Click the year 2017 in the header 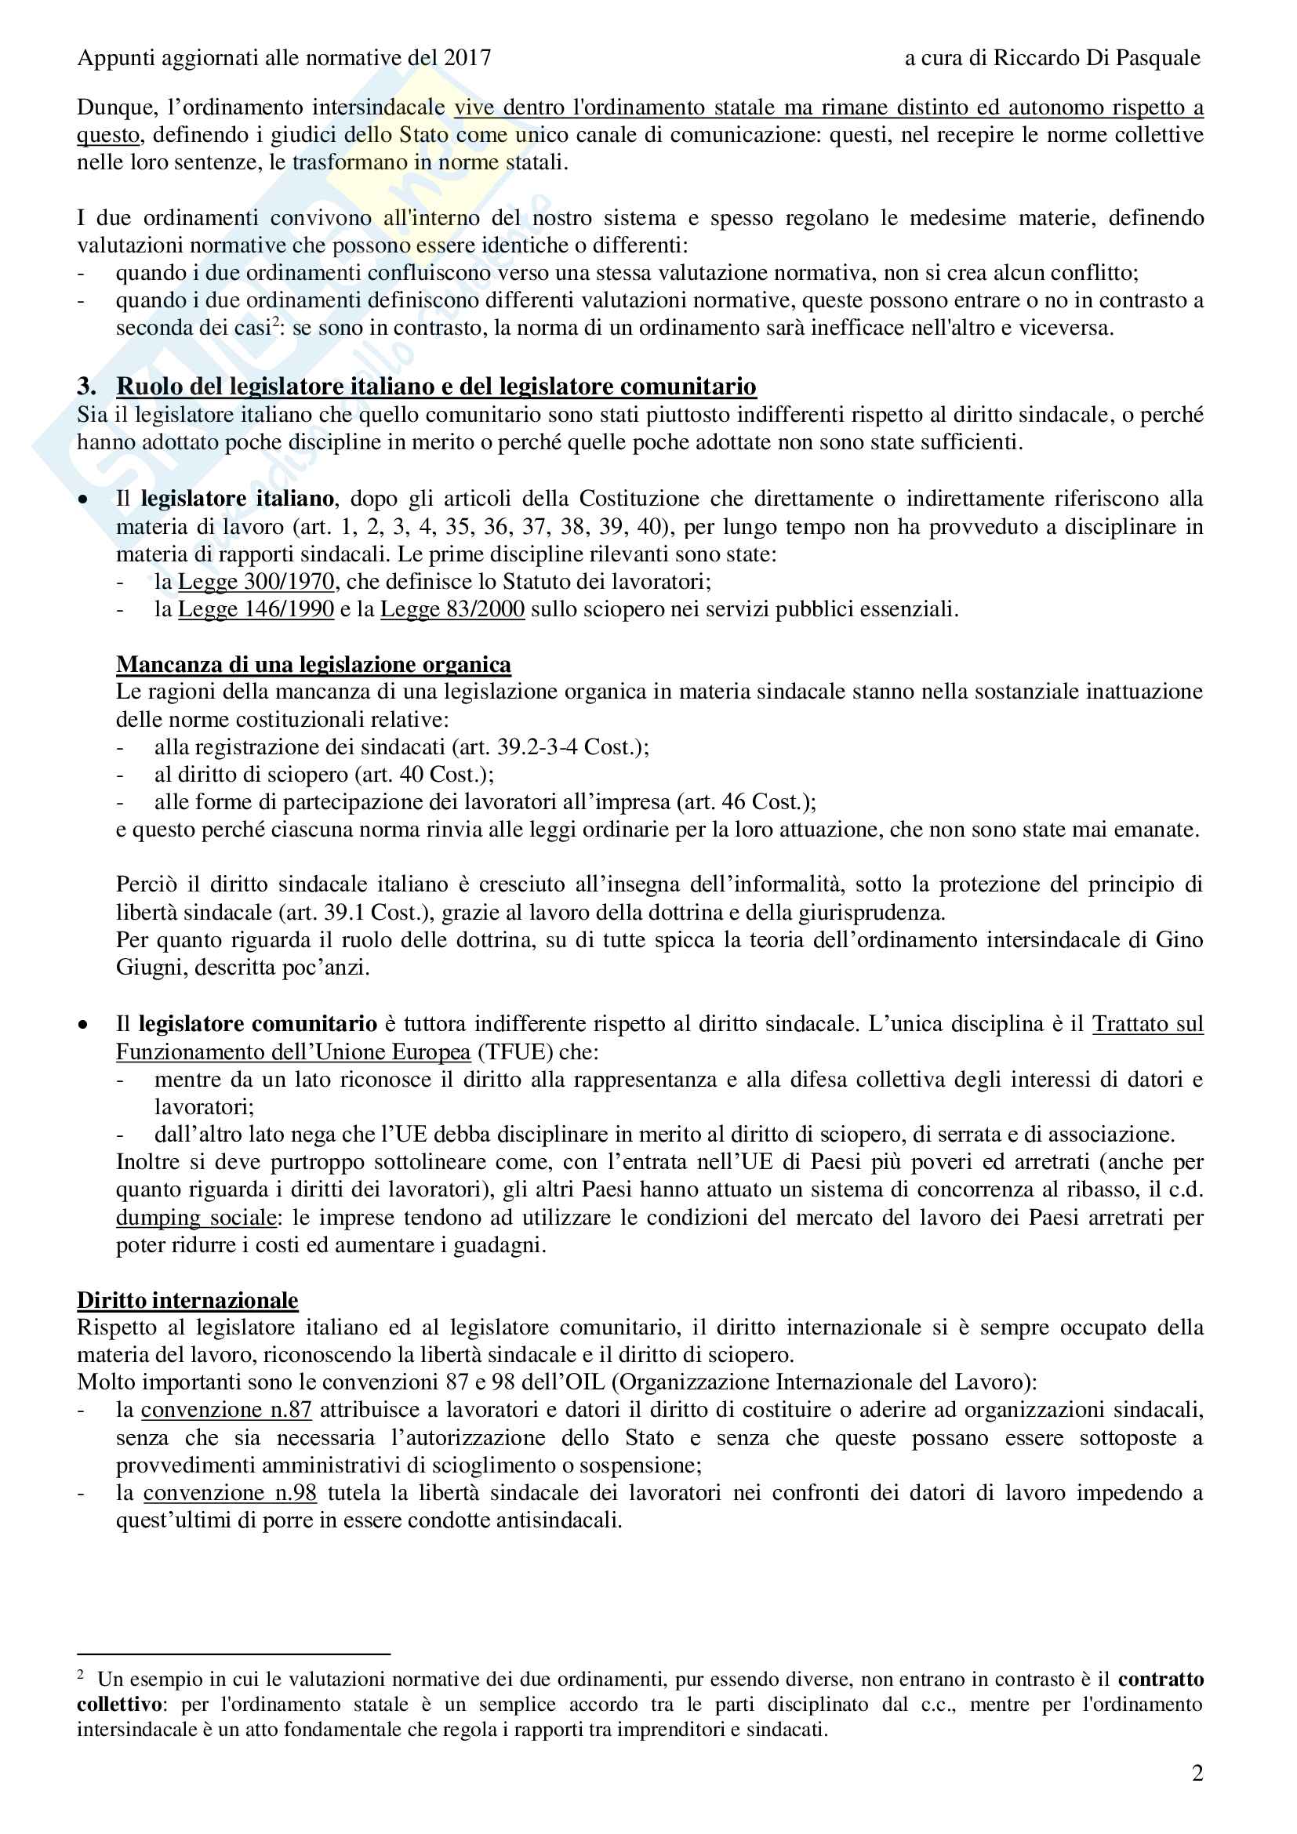467,57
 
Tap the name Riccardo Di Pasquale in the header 1096,57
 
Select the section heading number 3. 86,387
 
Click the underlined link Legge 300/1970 256,582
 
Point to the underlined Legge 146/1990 256,608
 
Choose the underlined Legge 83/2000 452,608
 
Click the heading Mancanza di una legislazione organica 313,665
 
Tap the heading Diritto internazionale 187,1300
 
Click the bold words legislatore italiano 237,499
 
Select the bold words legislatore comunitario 258,1024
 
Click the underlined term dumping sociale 197,1218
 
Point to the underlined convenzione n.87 226,1410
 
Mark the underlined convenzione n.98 230,1493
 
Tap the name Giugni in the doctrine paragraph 142,968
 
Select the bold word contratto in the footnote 1161,1680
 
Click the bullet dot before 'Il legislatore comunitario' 83,1025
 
